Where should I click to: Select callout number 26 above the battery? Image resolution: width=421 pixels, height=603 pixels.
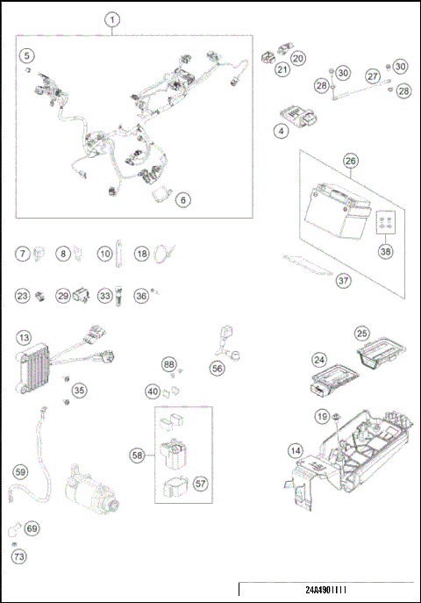coord(350,162)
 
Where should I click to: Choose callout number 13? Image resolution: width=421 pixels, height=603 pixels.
coord(25,338)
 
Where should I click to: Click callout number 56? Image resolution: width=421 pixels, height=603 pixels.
coord(217,370)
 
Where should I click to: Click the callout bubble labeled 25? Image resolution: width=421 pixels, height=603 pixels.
coord(362,333)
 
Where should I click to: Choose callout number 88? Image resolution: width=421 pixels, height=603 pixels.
coord(169,364)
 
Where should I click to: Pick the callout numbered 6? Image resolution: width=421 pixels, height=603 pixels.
coord(182,199)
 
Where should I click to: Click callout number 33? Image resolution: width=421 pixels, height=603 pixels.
coord(105,297)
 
